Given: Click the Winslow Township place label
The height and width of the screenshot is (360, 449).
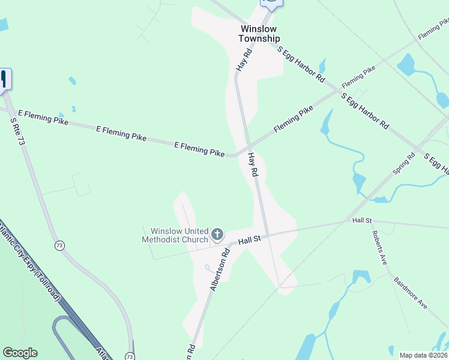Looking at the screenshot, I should (259, 34).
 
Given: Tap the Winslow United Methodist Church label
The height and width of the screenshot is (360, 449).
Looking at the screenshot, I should (175, 235).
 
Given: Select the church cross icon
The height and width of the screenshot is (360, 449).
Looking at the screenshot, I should (217, 233).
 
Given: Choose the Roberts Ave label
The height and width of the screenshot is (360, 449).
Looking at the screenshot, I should (378, 248).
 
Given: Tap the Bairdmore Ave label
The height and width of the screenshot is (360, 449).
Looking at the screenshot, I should (411, 292).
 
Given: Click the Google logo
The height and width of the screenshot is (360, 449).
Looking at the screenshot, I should (20, 353).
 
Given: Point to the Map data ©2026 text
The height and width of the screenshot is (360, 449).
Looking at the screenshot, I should (423, 355).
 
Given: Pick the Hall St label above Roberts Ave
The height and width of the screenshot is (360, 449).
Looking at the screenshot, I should (363, 221).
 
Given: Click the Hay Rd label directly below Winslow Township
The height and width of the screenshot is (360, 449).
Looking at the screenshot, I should (243, 61).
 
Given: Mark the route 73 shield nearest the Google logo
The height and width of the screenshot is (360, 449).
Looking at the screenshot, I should (130, 356).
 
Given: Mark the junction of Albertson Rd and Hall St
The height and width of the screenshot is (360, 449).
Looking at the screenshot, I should (231, 244).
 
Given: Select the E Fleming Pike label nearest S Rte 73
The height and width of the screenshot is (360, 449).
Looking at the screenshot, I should (43, 116).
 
